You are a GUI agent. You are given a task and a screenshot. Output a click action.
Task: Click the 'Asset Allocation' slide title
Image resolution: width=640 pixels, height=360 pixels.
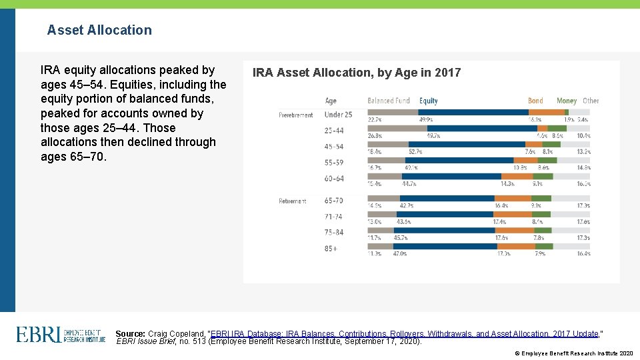pos(99,30)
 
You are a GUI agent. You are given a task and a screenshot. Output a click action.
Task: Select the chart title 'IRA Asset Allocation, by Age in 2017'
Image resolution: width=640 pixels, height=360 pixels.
pos(356,73)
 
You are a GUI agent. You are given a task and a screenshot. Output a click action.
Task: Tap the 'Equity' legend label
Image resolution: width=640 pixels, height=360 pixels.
pos(428,101)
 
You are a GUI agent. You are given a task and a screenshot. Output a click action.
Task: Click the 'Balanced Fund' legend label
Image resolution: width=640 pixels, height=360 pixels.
pos(389,101)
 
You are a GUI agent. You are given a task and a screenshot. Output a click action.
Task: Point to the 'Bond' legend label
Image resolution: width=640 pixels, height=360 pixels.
pos(535,101)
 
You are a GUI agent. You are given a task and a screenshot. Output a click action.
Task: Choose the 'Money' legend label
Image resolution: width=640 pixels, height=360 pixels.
pos(566,101)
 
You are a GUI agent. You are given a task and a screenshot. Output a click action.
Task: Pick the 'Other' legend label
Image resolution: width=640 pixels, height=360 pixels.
pos(591,101)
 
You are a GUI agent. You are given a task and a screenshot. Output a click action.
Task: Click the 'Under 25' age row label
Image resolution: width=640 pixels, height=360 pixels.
pos(338,115)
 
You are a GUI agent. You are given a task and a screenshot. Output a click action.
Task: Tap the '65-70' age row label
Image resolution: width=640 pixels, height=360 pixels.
pos(334,200)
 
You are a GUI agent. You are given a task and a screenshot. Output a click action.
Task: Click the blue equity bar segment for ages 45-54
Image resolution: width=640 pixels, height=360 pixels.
pos(467,144)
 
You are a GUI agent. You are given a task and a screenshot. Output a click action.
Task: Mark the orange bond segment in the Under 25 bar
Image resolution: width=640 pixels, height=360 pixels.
pos(547,113)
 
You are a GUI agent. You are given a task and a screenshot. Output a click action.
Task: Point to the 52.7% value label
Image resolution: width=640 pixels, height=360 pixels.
pos(415,151)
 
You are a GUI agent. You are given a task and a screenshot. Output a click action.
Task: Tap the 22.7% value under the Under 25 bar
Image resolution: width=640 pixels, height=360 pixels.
pos(375,120)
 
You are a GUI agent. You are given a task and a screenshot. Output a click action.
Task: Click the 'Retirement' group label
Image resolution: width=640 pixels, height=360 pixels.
pos(293,201)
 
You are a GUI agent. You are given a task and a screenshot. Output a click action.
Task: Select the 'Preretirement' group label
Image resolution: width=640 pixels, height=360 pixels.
pos(295,115)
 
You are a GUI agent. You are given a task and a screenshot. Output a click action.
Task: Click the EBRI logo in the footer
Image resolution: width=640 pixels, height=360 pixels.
pos(61,334)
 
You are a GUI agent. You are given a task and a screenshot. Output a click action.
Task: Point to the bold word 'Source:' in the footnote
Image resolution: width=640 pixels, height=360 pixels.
pos(130,333)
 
